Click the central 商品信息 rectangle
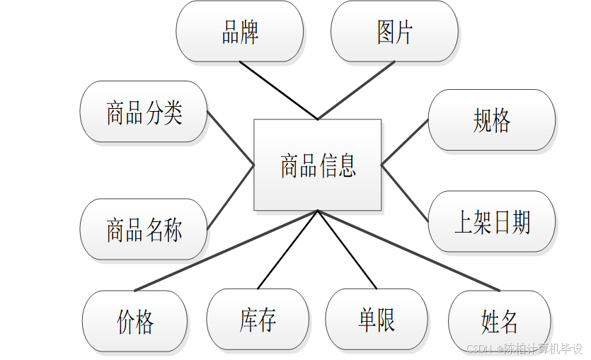click(x=317, y=165)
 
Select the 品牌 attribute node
click(x=239, y=32)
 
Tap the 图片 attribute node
click(x=394, y=32)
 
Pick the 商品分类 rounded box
click(x=144, y=112)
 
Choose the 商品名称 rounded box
click(x=144, y=229)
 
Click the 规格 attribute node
click(x=492, y=120)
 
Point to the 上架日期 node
click(x=492, y=222)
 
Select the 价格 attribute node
click(x=135, y=321)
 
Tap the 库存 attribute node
click(x=258, y=320)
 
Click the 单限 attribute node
click(x=377, y=320)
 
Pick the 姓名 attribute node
click(x=500, y=321)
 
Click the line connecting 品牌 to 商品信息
click(x=278, y=91)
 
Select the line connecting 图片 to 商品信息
click(x=356, y=91)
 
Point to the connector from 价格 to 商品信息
click(x=226, y=250)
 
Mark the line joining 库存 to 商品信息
click(x=287, y=250)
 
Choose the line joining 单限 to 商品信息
click(x=347, y=250)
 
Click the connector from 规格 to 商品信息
click(x=405, y=142)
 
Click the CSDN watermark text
click(x=524, y=349)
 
